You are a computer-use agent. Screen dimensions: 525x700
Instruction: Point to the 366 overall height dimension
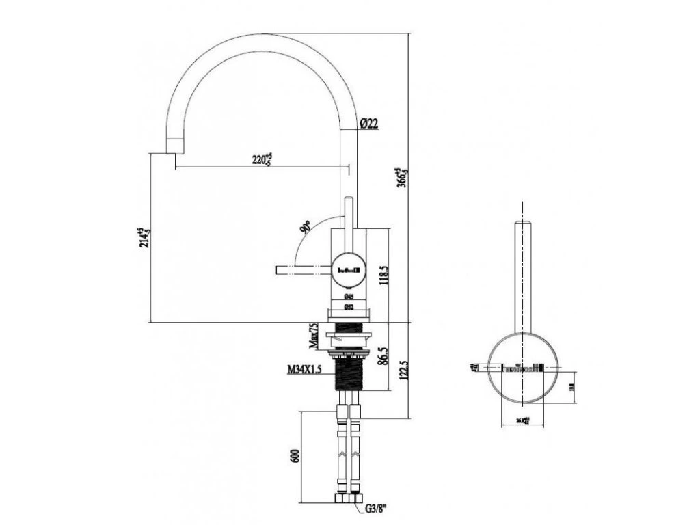coord(403,176)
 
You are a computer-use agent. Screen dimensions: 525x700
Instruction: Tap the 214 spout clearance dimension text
coord(144,239)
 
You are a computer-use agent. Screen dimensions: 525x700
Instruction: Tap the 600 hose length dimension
coord(295,457)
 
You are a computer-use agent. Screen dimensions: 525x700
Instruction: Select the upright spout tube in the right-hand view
coord(523,273)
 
